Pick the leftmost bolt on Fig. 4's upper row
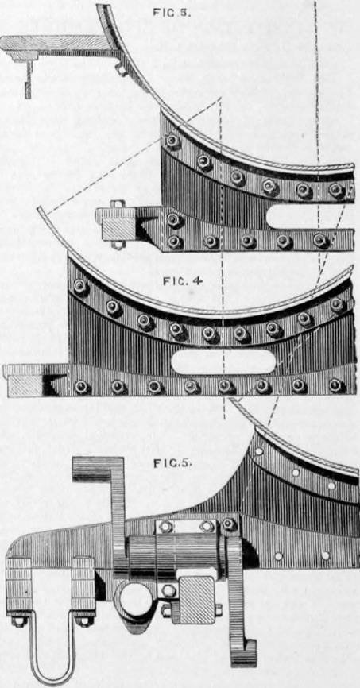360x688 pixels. click(x=80, y=288)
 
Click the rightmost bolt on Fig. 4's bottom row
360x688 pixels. click(x=336, y=385)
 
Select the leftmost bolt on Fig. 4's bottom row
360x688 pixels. click(x=82, y=387)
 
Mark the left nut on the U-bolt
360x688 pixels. click(x=20, y=622)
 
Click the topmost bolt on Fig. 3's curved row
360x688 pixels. click(x=172, y=141)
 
